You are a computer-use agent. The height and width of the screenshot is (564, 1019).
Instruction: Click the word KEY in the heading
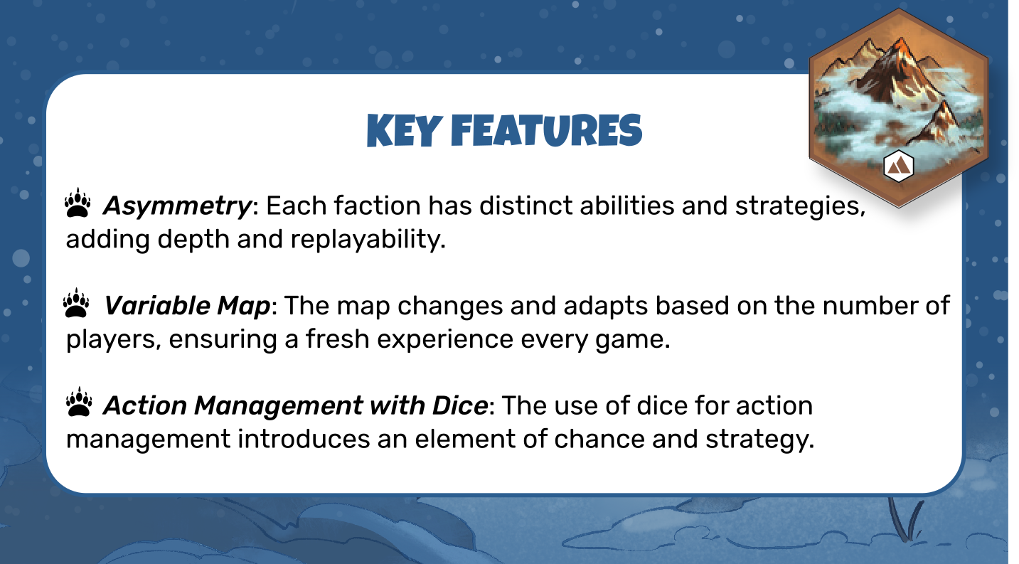(405, 131)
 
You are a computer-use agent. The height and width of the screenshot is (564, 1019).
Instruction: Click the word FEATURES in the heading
(546, 131)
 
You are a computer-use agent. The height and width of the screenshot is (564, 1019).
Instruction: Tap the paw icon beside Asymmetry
(78, 203)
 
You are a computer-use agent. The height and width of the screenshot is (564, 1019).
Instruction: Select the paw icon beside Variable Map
(76, 303)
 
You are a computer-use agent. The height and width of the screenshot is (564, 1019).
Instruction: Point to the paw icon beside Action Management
(79, 402)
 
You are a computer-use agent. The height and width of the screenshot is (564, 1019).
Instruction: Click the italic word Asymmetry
(177, 207)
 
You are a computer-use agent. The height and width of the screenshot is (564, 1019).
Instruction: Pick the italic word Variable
(156, 306)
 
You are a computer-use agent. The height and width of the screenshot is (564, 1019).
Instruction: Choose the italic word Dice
(460, 405)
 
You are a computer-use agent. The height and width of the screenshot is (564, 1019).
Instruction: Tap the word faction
(377, 206)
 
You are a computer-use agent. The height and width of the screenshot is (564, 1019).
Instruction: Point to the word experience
(445, 340)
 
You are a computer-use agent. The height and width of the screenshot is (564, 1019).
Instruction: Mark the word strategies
(800, 207)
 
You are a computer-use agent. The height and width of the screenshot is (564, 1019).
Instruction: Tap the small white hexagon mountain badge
(898, 166)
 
